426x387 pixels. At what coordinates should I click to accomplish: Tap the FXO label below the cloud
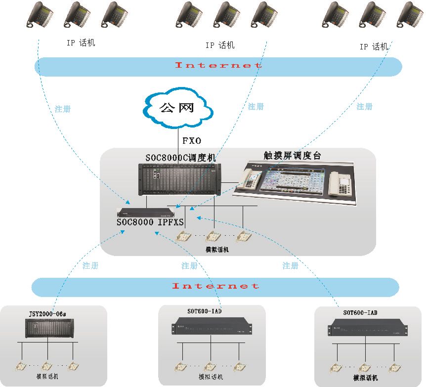192,141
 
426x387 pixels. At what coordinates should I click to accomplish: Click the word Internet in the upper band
218,65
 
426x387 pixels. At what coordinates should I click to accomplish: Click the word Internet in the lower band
215,286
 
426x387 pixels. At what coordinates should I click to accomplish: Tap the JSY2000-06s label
47,313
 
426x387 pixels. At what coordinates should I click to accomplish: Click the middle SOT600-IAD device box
212,328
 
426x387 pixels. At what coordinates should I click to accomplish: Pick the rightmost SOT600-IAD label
360,313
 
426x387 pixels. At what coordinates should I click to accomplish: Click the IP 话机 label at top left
81,43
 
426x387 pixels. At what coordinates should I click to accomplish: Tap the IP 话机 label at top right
374,47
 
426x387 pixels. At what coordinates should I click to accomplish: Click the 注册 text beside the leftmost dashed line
63,109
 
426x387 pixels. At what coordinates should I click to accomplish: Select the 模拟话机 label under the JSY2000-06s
47,377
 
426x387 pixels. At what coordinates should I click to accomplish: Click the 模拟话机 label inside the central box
217,250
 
